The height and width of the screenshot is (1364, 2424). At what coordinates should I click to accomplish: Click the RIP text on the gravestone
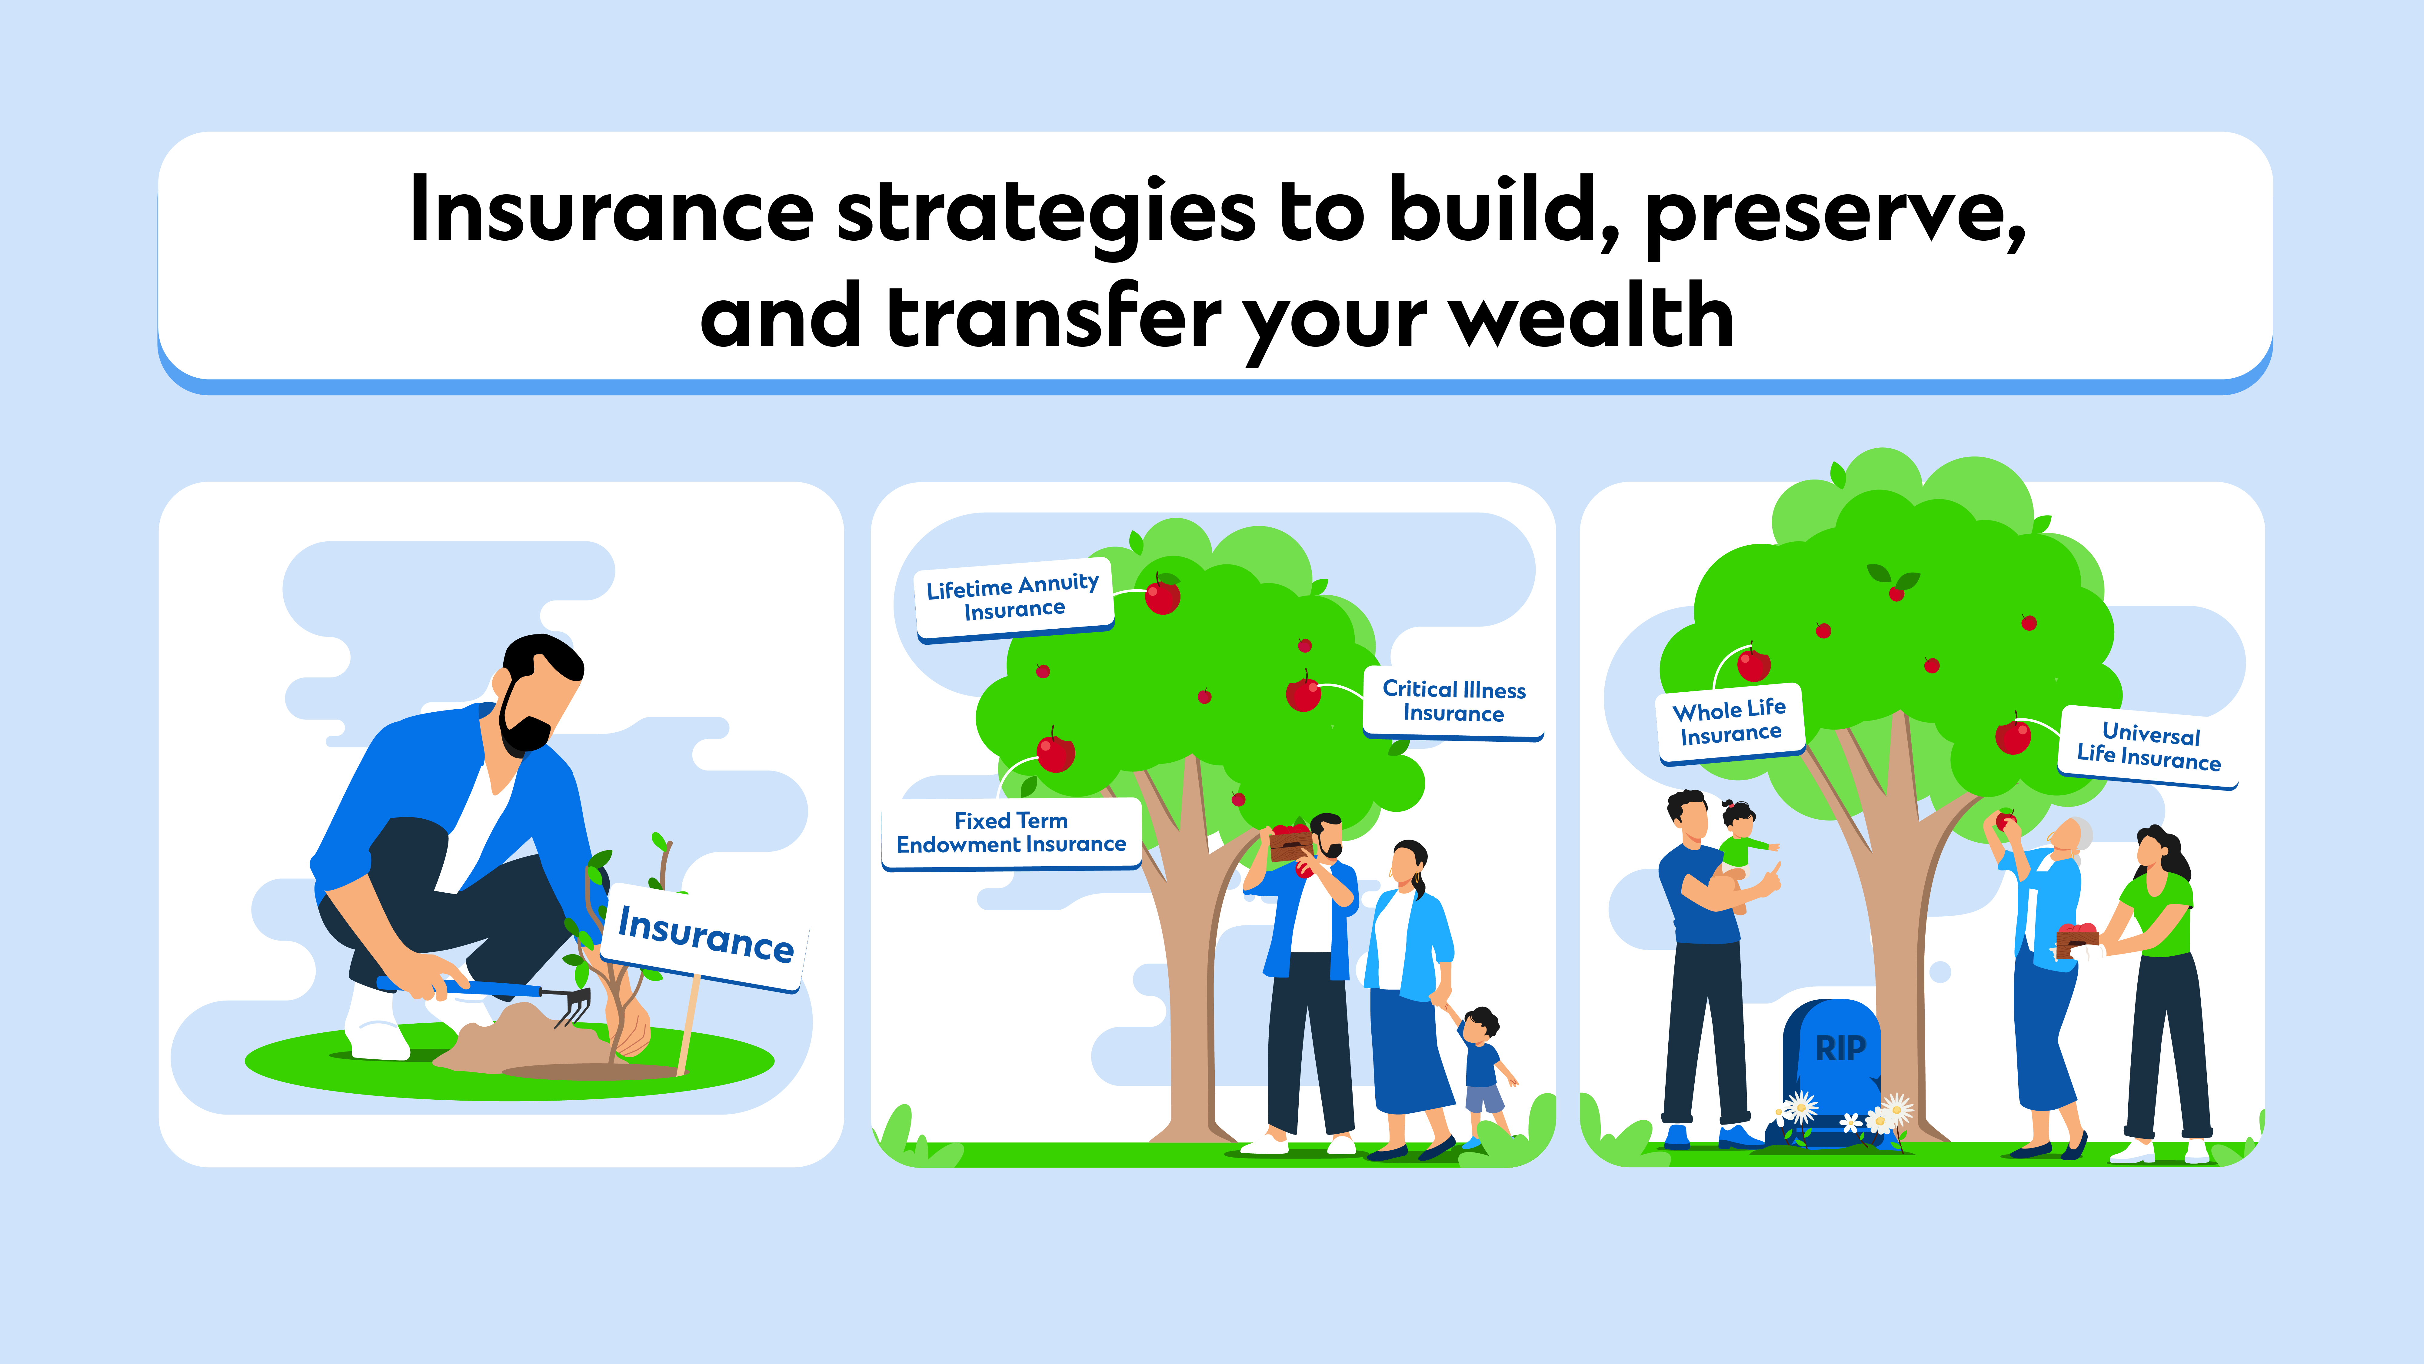pos(1840,1048)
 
